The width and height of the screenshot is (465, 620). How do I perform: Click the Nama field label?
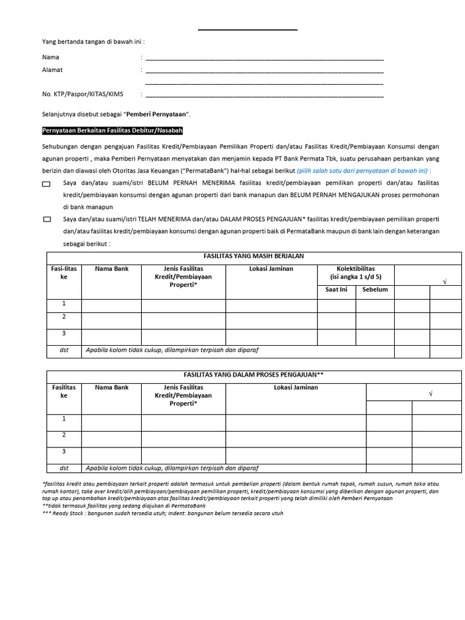tap(50, 58)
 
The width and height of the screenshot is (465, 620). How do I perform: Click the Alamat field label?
tap(52, 70)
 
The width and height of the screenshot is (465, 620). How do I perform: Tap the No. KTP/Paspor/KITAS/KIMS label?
tap(82, 94)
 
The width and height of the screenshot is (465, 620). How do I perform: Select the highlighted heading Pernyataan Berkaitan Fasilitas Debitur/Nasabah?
tap(113, 131)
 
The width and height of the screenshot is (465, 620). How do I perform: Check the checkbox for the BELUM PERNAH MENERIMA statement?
tap(47, 183)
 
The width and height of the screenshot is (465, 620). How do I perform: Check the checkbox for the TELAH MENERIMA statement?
tap(47, 220)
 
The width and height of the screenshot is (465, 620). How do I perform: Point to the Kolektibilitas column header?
tap(355, 269)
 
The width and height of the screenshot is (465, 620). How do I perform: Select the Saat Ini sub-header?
tap(336, 289)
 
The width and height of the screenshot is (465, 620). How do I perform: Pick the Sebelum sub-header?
tap(375, 289)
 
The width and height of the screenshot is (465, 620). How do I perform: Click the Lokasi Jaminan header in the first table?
tap(271, 269)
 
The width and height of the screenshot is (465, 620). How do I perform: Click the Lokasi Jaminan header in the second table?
tap(295, 387)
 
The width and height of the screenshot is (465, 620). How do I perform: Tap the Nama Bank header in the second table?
tap(111, 387)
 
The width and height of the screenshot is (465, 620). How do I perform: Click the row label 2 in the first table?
tap(64, 317)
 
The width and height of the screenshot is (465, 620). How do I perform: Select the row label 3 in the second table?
tap(64, 451)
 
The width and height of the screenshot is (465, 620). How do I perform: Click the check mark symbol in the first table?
tap(445, 283)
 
